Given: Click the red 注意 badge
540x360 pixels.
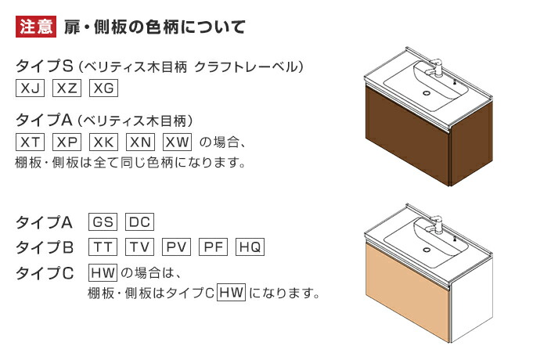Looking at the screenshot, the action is click(x=36, y=27).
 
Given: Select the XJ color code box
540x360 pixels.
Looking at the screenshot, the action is click(x=30, y=88).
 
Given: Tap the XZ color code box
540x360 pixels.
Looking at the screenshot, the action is click(x=67, y=88).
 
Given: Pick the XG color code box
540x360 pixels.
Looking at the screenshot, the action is click(x=103, y=88).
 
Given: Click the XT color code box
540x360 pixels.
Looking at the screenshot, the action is click(x=30, y=142).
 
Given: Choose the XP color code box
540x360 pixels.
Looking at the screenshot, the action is click(x=67, y=142).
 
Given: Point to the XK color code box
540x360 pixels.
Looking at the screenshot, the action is click(x=103, y=142).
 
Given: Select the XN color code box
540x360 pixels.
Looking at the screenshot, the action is click(x=141, y=142).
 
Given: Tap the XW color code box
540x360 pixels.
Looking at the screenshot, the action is click(x=178, y=142).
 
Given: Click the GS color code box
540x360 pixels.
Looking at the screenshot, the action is click(x=103, y=221).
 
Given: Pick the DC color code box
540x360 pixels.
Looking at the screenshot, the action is click(x=140, y=221).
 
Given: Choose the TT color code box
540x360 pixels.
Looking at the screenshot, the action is click(x=103, y=247).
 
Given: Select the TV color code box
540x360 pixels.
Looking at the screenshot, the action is click(x=140, y=247).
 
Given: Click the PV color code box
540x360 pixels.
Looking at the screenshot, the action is click(x=177, y=247).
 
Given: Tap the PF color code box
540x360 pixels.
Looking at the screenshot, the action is click(x=214, y=247).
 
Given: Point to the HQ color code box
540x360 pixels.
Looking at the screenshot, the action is click(x=250, y=247).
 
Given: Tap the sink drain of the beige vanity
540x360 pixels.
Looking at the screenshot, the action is click(x=427, y=250).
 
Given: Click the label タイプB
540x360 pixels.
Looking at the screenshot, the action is click(x=45, y=247).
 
